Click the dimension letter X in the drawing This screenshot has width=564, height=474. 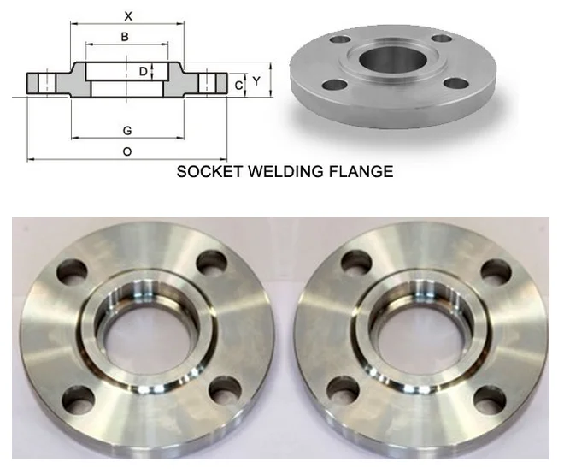click(x=127, y=15)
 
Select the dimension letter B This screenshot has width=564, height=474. click(x=125, y=36)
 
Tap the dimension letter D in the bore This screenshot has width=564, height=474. click(x=143, y=72)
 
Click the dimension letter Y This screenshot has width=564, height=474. click(x=256, y=80)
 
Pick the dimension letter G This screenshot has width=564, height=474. click(x=126, y=130)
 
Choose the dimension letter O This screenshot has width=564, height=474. click(x=126, y=151)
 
